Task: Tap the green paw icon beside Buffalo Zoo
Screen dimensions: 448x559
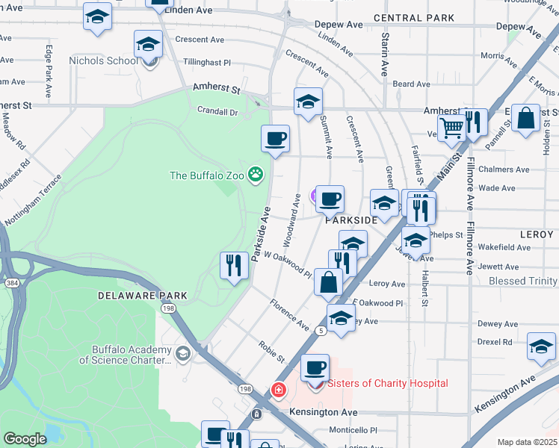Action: [256, 175]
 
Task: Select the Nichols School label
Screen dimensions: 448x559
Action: [102, 60]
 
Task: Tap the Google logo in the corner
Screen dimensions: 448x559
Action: [25, 439]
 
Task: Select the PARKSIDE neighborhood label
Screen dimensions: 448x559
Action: [350, 221]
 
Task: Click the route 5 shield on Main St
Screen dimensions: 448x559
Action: [321, 329]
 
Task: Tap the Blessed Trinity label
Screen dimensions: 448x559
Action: [522, 281]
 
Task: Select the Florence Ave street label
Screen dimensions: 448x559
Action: [289, 315]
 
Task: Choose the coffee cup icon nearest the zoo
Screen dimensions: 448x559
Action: [275, 138]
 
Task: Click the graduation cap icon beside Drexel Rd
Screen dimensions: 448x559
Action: [541, 346]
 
